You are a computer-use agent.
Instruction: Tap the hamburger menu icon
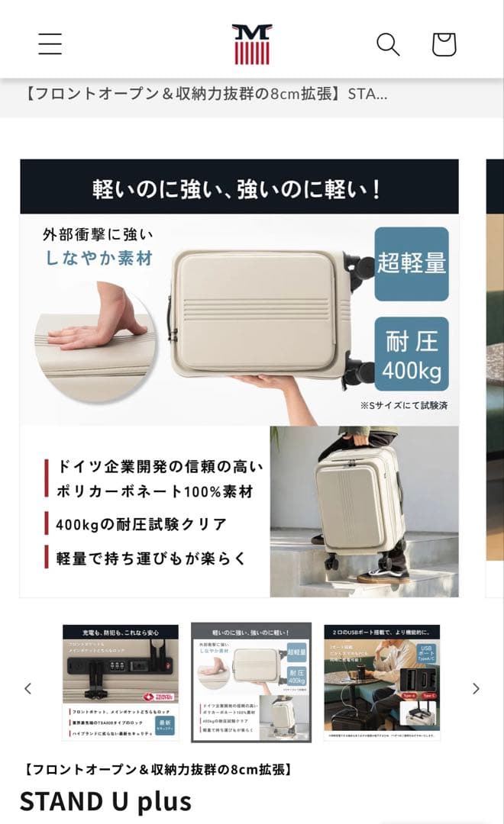click(50, 44)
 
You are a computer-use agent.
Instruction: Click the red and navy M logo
click(252, 44)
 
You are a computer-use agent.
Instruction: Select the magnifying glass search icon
click(388, 44)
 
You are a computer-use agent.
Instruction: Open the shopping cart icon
click(444, 44)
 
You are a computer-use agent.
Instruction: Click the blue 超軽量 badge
click(412, 263)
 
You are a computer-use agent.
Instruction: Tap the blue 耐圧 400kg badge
click(412, 353)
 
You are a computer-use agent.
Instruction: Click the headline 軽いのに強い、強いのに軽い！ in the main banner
click(237, 188)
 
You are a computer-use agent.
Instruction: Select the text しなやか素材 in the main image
click(98, 258)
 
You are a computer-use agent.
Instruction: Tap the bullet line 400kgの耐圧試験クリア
click(141, 524)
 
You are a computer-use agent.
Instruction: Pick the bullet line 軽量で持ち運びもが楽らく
click(151, 558)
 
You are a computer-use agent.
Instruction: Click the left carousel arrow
click(28, 689)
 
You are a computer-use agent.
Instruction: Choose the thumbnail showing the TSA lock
click(121, 682)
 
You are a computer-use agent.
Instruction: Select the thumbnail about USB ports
click(382, 682)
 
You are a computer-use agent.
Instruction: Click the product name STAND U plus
click(105, 801)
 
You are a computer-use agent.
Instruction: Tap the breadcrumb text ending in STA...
click(205, 95)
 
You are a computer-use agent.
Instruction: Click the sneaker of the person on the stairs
click(380, 573)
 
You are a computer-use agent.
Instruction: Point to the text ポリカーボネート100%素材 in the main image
click(154, 491)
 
